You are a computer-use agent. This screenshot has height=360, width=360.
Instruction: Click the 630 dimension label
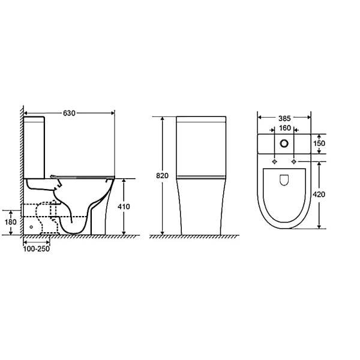pos(70,112)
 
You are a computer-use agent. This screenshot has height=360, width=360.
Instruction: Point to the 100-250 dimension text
pos(37,248)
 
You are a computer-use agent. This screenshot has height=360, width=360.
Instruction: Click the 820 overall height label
pos(162,176)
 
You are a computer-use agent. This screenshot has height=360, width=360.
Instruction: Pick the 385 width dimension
pos(284,118)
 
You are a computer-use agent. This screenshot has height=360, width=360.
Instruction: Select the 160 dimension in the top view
pos(284,128)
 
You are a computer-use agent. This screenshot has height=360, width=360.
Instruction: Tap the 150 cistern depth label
pos(319,143)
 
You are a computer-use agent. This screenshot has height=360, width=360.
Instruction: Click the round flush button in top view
pos(284,144)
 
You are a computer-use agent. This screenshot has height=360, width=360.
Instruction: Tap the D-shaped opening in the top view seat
pos(284,179)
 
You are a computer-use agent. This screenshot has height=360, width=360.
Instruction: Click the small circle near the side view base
pos(31,227)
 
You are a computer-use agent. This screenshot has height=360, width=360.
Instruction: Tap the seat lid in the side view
pos(84,176)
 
